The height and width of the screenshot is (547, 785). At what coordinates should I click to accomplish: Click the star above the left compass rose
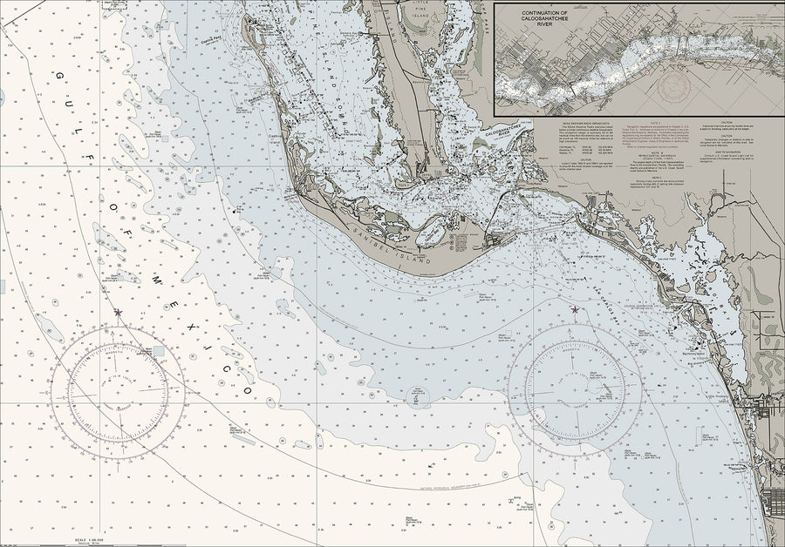[118, 312]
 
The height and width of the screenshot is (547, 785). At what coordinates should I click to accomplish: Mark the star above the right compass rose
[575, 309]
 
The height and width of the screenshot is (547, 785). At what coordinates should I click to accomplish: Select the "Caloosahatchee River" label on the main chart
[509, 132]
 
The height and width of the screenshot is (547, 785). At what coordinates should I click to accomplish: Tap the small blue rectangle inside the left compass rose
[158, 351]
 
